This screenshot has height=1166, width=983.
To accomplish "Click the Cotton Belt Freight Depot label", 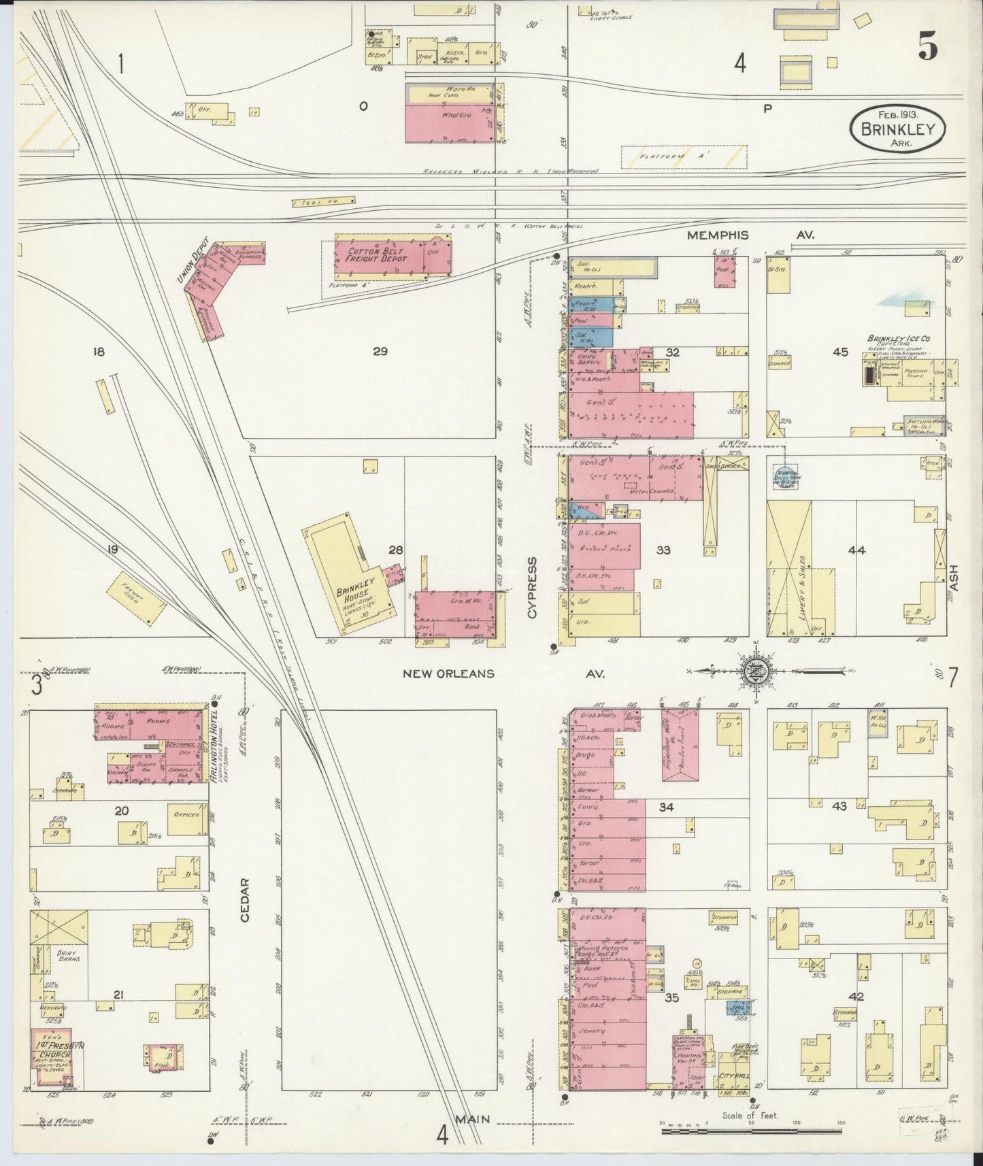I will coord(376,255).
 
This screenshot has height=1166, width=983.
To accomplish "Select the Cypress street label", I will coord(532,588).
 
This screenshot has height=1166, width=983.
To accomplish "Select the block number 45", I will coord(840,352).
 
